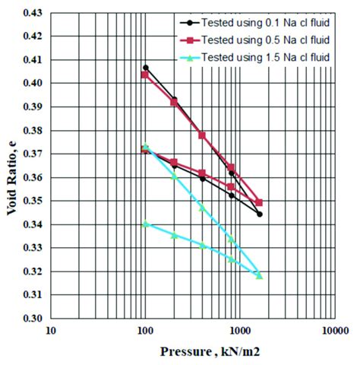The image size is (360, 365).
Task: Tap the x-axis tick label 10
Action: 51,332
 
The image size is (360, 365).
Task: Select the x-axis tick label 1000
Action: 240,332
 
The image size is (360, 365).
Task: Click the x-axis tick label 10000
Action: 334,332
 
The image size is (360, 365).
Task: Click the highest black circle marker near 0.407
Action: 146,68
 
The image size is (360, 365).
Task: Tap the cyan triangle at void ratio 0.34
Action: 146,224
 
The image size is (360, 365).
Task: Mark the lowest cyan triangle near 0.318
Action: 260,275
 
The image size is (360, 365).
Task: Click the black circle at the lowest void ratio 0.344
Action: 260,214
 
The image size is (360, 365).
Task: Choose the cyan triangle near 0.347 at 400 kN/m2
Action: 203,208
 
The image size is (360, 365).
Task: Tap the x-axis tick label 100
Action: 145,332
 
